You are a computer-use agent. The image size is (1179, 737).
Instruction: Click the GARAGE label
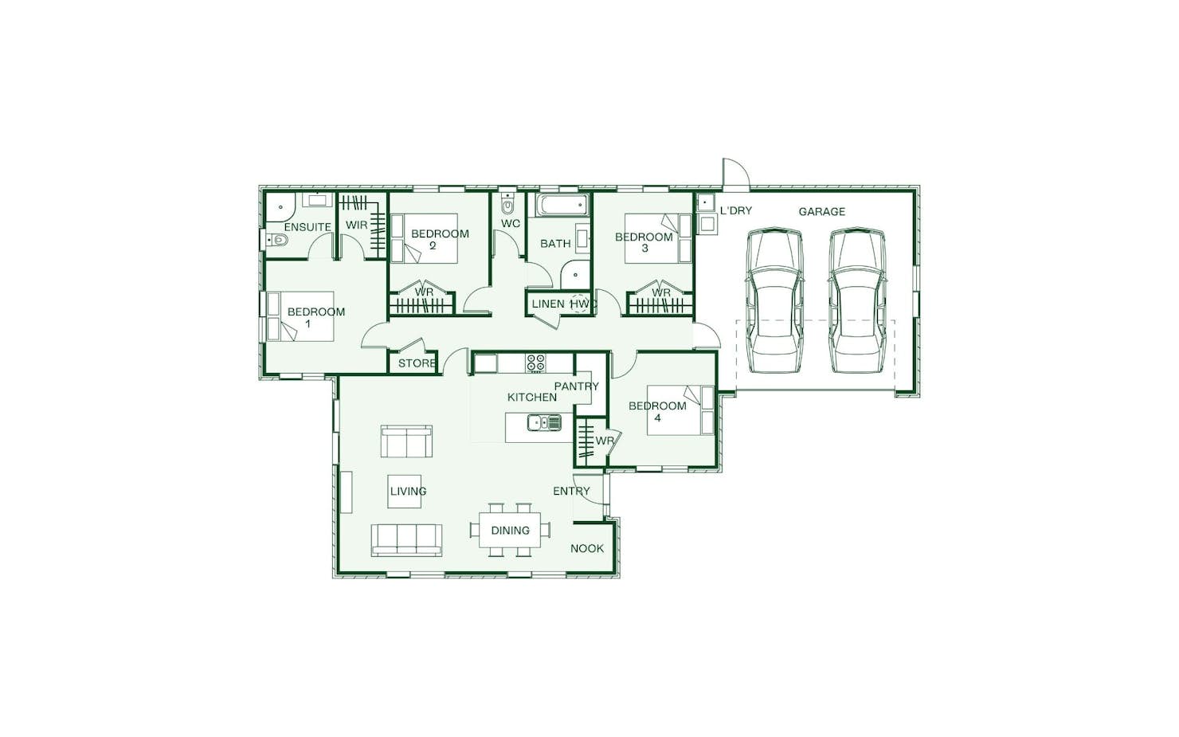[821, 212]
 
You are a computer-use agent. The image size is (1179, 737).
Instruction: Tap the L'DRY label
[736, 210]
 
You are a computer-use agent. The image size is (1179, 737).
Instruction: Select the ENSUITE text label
[307, 227]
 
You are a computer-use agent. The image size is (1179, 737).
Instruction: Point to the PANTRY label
[576, 386]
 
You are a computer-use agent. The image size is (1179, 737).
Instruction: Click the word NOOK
[587, 548]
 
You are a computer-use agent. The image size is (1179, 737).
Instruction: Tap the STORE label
[417, 363]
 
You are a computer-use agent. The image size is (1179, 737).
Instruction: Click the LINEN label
[548, 304]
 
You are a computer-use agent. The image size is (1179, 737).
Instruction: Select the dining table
[510, 530]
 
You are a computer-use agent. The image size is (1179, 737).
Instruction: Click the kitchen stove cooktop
[536, 363]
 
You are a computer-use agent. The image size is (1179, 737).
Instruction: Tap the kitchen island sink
[545, 422]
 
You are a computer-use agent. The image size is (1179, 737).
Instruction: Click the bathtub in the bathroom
[562, 205]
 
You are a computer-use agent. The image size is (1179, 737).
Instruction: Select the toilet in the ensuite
[278, 241]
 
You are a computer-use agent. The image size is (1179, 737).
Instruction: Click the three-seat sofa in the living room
[406, 540]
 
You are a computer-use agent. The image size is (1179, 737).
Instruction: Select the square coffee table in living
[404, 492]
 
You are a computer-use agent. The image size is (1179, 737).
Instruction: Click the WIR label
[356, 225]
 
